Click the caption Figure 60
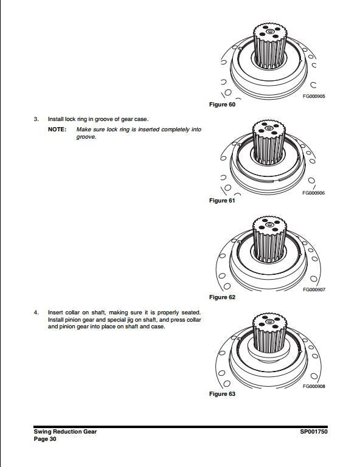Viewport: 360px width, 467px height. tap(222, 105)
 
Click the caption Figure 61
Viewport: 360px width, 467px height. tap(222, 201)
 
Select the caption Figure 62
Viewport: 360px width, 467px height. tap(222, 297)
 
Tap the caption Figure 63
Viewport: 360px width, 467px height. tap(222, 394)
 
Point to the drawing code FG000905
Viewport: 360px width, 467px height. tap(313, 96)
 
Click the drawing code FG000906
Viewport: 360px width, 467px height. tap(313, 193)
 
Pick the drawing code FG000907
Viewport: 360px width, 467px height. tap(313, 289)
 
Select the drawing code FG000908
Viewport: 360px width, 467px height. tap(313, 386)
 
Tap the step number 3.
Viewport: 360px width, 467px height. tap(36, 119)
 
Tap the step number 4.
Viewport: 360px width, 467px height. tap(36, 313)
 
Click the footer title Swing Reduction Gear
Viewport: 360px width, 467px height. tap(65, 431)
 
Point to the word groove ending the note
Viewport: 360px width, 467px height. tap(86, 137)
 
